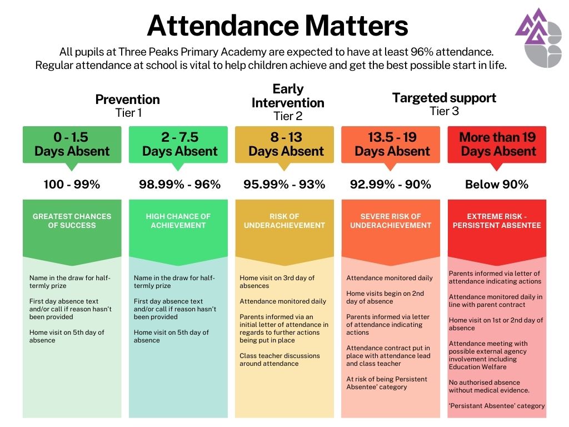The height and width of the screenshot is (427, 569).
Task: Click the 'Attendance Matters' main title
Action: coord(277,26)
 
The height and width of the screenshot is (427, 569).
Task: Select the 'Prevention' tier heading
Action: coord(127,100)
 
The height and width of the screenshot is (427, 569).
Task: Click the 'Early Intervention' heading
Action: coord(288,96)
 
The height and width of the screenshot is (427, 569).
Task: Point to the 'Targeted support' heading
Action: coord(444,98)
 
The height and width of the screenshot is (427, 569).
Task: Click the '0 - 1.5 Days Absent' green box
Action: coord(72,145)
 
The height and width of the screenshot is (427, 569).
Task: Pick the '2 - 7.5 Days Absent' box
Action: coord(178,145)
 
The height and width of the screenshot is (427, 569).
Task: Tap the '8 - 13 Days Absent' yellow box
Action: coord(284,145)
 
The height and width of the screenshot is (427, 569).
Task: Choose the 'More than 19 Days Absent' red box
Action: coord(497,145)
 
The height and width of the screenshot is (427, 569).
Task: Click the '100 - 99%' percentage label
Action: coord(72,185)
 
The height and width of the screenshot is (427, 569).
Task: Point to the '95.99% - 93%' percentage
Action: coord(284,185)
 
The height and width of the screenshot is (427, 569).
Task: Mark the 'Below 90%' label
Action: coord(497,185)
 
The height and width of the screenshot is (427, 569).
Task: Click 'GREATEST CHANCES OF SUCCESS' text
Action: coord(72,221)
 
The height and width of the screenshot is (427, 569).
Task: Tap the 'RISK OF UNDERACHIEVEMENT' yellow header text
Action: coord(284,221)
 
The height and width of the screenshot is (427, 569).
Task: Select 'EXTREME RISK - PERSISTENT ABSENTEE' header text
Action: coord(497,221)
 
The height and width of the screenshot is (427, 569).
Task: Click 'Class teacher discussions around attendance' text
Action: coord(279,360)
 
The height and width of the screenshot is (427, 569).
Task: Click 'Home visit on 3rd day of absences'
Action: coord(277,282)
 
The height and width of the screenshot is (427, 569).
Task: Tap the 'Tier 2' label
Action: coord(287,116)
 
